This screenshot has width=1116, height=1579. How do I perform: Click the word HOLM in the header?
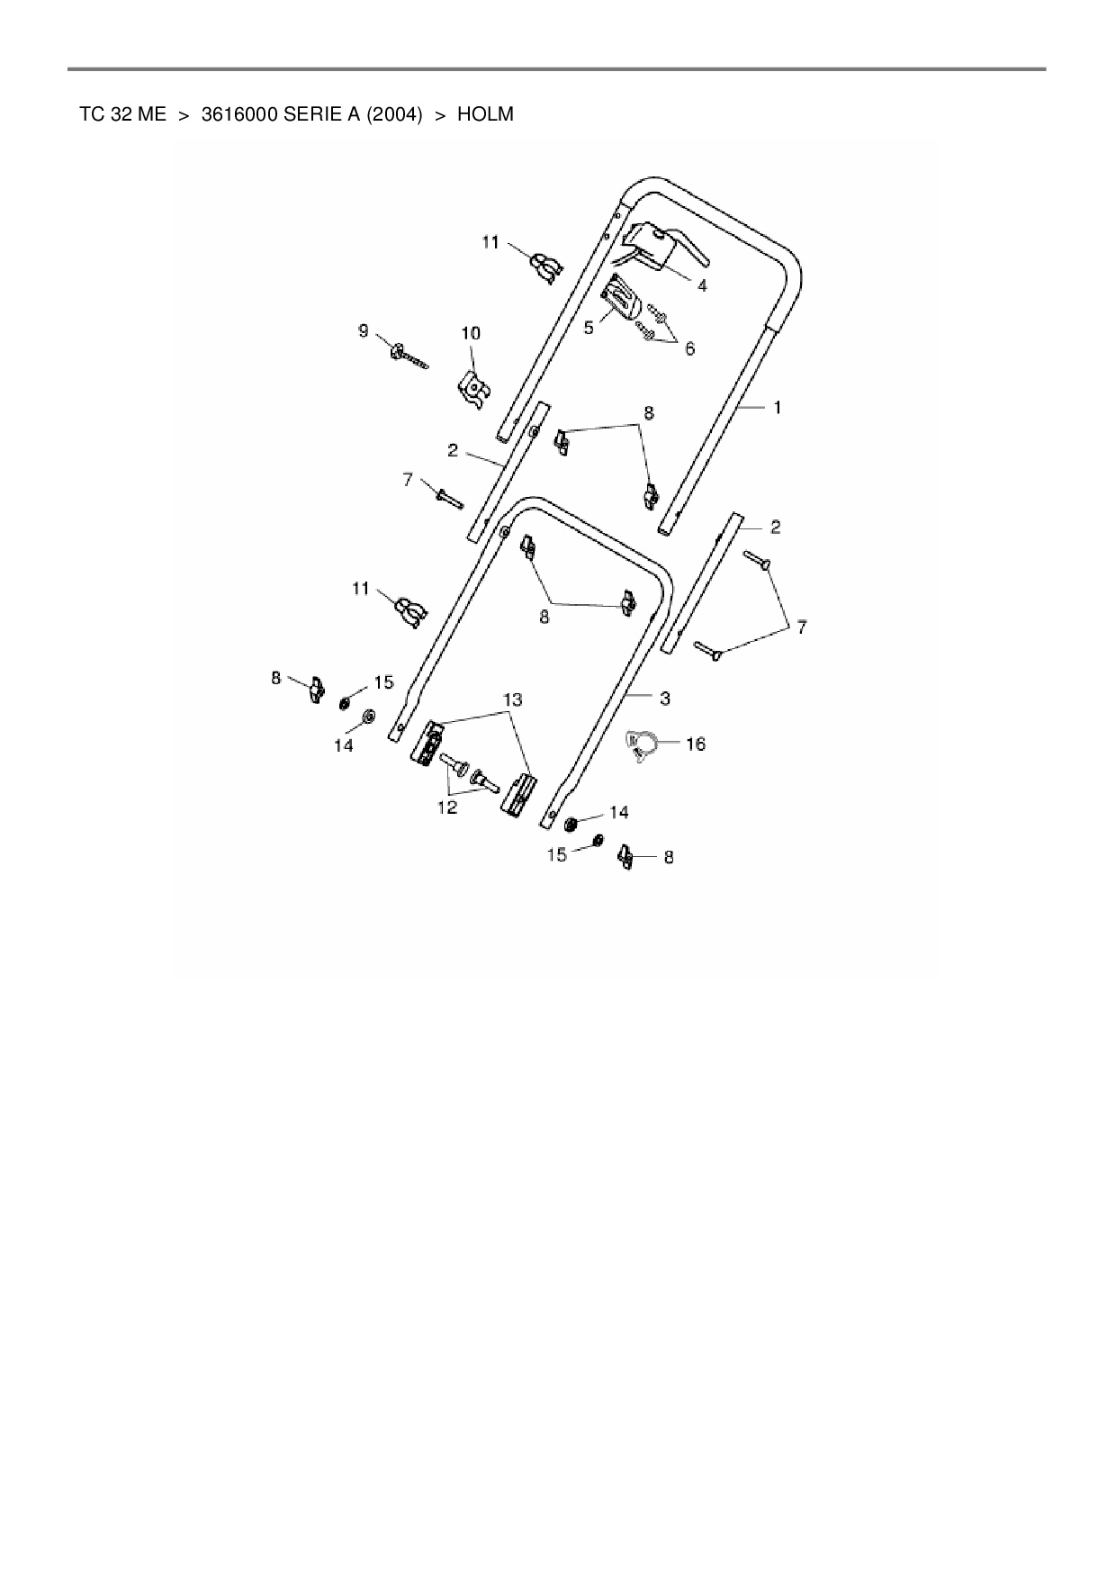[x=485, y=114]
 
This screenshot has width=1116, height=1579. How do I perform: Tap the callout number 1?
[x=778, y=408]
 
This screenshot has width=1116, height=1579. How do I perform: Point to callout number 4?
[x=702, y=285]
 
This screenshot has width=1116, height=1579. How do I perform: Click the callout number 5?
[x=589, y=328]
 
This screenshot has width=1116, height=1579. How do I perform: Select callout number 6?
[x=690, y=348]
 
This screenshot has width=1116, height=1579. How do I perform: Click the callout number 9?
[x=364, y=331]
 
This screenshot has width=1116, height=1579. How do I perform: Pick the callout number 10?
[x=471, y=333]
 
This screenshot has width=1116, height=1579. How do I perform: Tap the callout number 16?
[x=696, y=744]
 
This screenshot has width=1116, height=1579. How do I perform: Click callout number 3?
[x=664, y=698]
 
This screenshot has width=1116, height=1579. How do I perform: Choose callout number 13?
[x=512, y=699]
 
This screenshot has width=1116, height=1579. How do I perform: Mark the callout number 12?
[x=447, y=808]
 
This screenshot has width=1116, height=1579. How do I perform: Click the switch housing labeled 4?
[x=652, y=243]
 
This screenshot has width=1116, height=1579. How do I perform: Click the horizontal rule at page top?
[x=557, y=68]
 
